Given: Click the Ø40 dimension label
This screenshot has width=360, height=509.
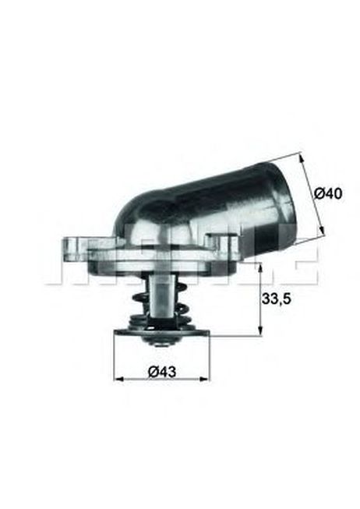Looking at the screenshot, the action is (328, 194).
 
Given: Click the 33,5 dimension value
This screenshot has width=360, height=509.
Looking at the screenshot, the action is (277, 299).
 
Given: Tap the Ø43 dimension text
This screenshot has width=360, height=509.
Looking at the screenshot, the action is (161, 371).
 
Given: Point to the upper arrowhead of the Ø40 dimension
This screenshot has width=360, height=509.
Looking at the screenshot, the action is (302, 158).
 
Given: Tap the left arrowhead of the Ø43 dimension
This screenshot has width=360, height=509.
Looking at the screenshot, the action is (118, 379).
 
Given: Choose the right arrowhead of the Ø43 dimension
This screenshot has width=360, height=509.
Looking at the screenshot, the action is (204, 379).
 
